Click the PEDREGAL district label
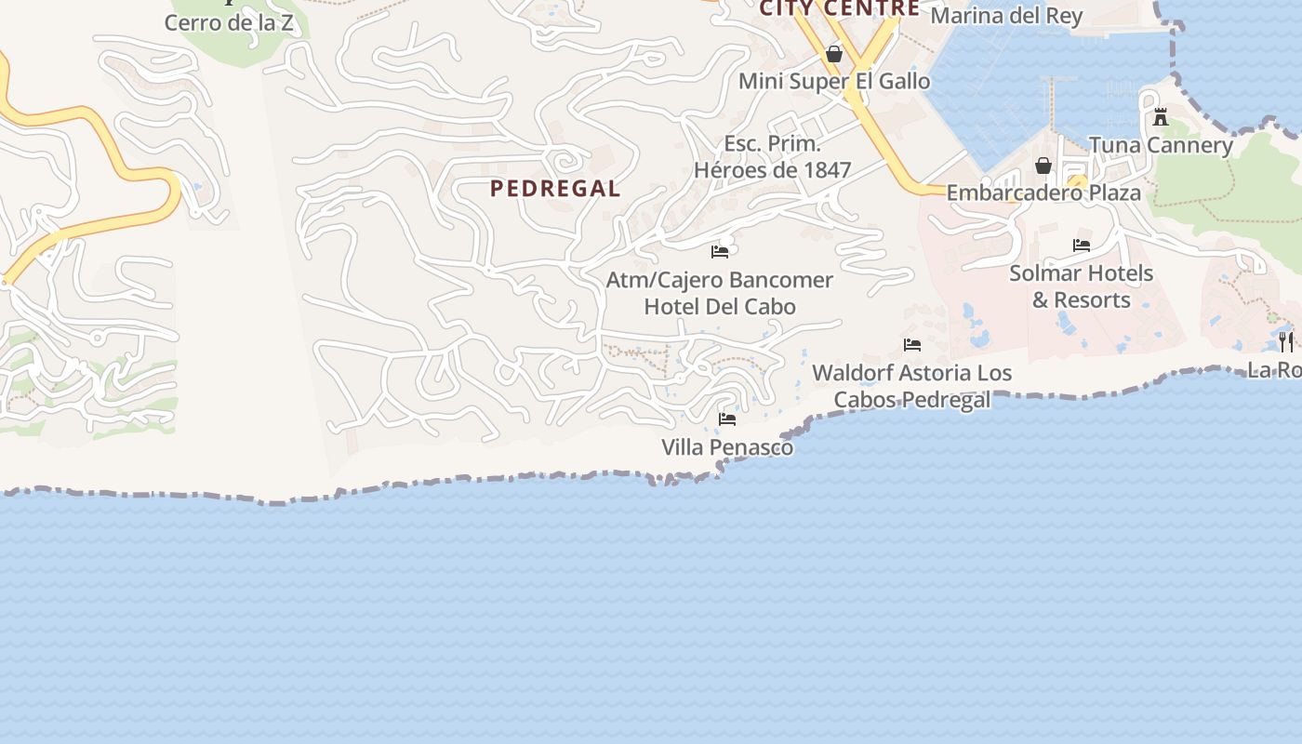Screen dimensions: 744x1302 [x=554, y=189]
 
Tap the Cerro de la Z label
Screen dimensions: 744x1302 [x=229, y=23]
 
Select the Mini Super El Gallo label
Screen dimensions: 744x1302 [x=834, y=82]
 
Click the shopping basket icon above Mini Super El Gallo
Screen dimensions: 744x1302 [x=834, y=55]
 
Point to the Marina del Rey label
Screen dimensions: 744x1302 [x=1006, y=16]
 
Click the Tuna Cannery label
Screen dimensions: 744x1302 [x=1161, y=145]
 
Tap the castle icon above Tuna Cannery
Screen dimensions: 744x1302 [x=1161, y=118]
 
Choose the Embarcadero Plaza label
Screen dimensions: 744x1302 [x=1043, y=193]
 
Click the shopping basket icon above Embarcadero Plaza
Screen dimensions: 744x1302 [x=1043, y=166]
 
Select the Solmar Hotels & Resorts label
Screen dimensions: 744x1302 [x=1081, y=286]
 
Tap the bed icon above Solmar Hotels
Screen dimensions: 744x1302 [x=1081, y=246]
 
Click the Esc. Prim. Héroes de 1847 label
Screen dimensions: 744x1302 [x=773, y=157]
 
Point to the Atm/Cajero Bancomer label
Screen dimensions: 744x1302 [x=720, y=280]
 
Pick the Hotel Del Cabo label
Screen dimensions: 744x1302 [x=720, y=307]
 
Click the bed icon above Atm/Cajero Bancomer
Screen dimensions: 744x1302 [x=720, y=252]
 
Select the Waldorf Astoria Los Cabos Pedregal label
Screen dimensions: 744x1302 [x=911, y=386]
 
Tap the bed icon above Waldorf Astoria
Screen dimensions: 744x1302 [x=911, y=345]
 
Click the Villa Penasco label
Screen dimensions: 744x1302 [x=727, y=447]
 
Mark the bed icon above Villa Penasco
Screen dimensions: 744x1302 [x=727, y=419]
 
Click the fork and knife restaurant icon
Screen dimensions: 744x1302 [x=1285, y=341]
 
